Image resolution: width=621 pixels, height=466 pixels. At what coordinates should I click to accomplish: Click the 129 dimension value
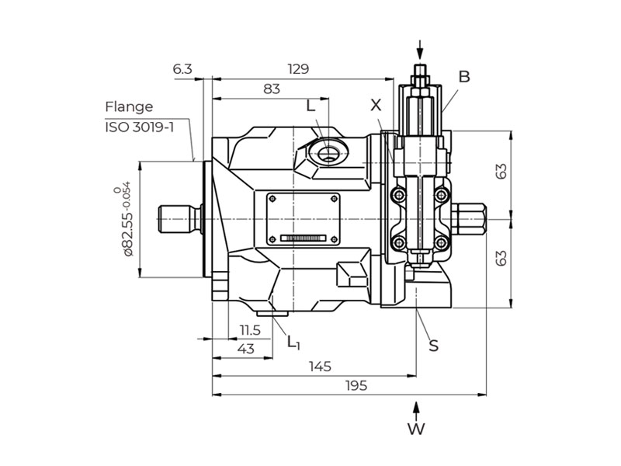(x=298, y=69)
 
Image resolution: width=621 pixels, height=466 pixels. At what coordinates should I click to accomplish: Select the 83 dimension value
(x=272, y=89)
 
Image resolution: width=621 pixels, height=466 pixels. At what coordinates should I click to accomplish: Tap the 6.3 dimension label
(x=182, y=69)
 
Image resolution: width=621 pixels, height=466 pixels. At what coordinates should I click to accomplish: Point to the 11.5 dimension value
(x=250, y=329)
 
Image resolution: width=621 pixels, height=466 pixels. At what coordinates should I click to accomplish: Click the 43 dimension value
(x=246, y=349)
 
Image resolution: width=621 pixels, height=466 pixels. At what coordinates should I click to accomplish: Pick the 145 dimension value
(x=320, y=367)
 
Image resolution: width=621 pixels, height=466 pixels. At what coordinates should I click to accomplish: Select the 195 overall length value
(x=356, y=385)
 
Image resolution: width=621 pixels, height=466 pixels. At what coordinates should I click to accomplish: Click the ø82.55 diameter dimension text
(x=126, y=219)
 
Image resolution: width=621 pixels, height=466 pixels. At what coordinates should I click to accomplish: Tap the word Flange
(x=129, y=107)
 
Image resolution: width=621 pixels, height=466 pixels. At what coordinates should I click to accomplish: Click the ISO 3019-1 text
(x=140, y=127)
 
